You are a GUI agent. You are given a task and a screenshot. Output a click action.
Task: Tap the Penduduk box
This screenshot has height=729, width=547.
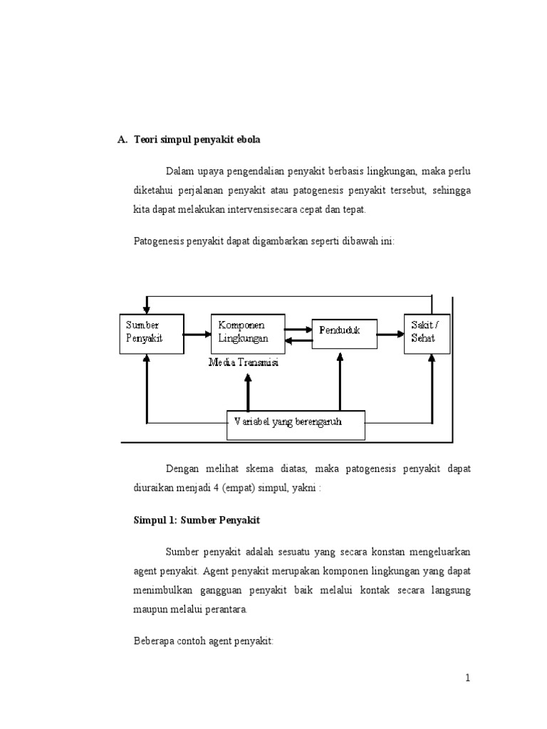click(345, 331)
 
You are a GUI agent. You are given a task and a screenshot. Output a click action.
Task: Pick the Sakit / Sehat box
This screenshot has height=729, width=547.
click(427, 333)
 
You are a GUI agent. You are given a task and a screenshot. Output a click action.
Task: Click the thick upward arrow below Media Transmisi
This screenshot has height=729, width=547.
click(248, 391)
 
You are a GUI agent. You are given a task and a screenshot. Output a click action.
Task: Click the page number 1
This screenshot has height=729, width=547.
click(468, 678)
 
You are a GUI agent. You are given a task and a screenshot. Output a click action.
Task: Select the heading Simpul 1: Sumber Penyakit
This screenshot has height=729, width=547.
click(197, 520)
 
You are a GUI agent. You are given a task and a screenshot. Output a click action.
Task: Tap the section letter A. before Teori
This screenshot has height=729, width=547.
click(122, 140)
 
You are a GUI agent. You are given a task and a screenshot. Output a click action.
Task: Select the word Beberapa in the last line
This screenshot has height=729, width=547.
click(153, 641)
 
